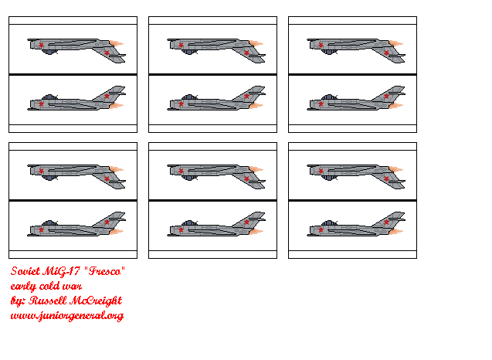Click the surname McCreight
click(x=97, y=301)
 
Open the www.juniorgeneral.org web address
click(x=66, y=315)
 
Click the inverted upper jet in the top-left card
click(x=76, y=48)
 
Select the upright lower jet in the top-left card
click(x=76, y=100)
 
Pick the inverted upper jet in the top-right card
click(x=356, y=48)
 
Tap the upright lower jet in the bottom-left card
click(x=76, y=226)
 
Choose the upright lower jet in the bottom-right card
click(x=356, y=226)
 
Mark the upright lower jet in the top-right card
click(x=356, y=100)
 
